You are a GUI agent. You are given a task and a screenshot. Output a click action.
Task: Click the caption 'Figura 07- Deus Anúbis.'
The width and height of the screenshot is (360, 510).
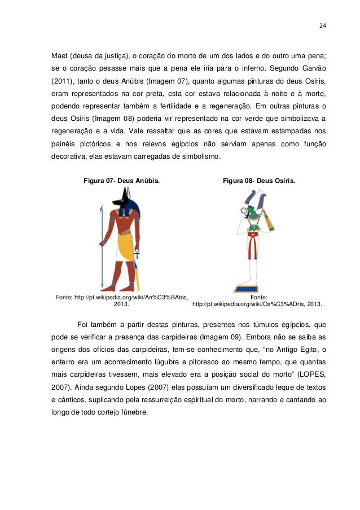coord(121,181)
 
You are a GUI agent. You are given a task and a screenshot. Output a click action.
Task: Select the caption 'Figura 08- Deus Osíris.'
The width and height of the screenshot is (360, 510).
coord(258,181)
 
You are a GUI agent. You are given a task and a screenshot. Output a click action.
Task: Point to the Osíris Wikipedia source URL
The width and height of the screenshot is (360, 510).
coord(257,304)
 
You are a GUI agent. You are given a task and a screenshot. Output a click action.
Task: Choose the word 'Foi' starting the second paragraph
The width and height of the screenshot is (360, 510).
coord(83,325)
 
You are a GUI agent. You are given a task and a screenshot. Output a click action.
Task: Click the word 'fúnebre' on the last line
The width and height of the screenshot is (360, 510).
coord(133,412)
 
